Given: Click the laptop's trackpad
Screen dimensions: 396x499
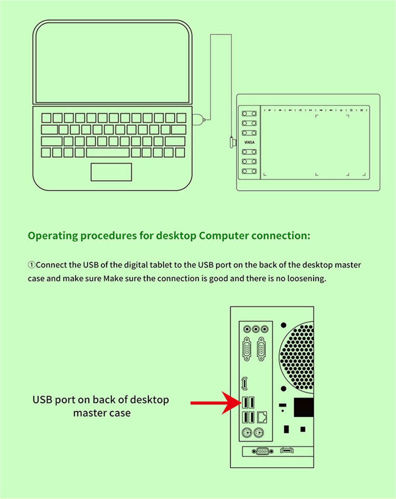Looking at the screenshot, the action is point(111,172).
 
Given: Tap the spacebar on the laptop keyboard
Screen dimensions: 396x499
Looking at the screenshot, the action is point(108,153).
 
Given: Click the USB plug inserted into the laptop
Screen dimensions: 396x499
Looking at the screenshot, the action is point(198,120).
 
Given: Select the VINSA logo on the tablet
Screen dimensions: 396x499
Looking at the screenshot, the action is point(249,142).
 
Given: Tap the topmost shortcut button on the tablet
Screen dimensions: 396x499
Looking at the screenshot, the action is point(249,113).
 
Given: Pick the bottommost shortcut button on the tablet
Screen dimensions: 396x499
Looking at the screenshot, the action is point(249,171).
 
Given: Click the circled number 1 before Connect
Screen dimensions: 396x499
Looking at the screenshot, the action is point(32,265).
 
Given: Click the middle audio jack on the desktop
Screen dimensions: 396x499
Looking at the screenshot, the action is point(256,328).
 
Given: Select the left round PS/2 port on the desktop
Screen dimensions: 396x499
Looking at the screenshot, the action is point(247,432).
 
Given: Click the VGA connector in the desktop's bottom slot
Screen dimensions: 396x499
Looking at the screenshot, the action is point(263,451).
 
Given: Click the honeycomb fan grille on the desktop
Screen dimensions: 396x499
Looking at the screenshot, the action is point(297,357).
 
